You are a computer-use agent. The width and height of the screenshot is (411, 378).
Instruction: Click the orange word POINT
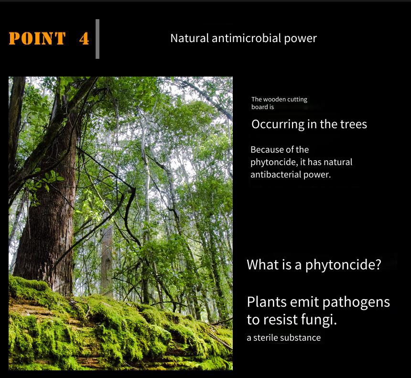coord(37,38)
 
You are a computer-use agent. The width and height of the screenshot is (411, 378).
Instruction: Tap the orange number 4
coord(84,39)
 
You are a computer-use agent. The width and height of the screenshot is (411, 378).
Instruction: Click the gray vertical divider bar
coord(97,39)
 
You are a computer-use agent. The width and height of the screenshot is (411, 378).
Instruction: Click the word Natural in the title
coord(190,38)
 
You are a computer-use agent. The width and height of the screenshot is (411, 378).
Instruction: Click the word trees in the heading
coord(353,124)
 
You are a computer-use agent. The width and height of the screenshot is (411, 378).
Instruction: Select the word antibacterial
coord(275,175)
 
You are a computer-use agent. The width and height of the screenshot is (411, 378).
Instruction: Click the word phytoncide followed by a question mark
coord(343,265)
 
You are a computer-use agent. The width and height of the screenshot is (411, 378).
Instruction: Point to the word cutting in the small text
coord(297,100)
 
